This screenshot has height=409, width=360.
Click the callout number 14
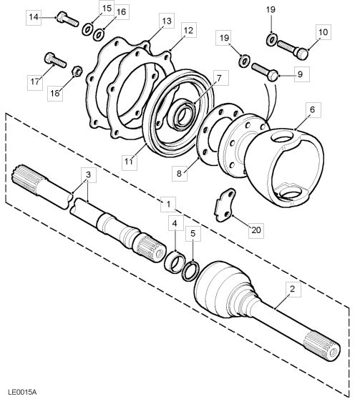(x=34, y=16)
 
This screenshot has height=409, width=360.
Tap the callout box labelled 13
(x=166, y=22)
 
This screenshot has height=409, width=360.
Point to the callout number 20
(x=256, y=230)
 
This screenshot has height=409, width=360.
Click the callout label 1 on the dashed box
(x=167, y=204)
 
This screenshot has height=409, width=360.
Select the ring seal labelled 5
(x=192, y=270)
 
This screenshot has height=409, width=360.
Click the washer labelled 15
(x=87, y=29)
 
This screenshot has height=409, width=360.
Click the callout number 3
(x=88, y=174)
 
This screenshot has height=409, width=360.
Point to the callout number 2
(x=291, y=289)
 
